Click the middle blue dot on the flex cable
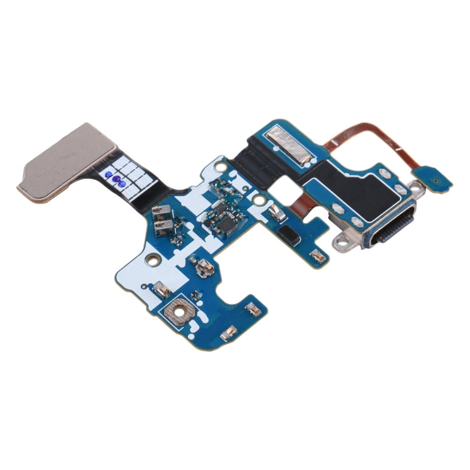click(117, 179)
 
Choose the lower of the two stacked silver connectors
click(165, 227)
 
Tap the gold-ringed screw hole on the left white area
click(150, 258)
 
